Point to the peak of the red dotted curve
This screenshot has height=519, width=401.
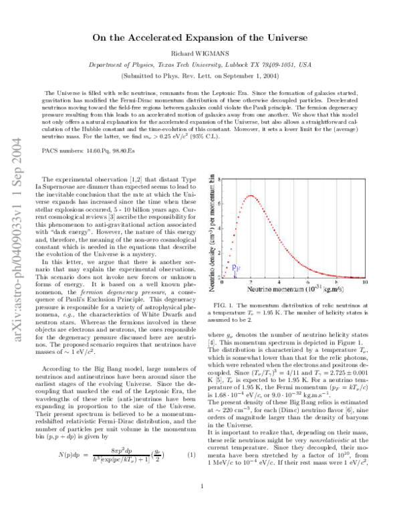click(249, 196)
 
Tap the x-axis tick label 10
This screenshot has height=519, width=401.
click(383, 283)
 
